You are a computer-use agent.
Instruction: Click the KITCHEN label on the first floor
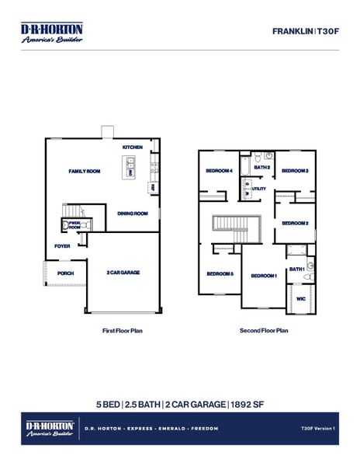pos(133,148)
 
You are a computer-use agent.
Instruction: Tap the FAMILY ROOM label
pos(85,170)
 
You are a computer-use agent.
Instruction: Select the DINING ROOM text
pos(133,213)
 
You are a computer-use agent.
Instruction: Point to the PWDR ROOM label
pos(74,225)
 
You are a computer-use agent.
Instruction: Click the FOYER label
pos(62,246)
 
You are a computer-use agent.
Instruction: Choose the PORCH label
pos(65,273)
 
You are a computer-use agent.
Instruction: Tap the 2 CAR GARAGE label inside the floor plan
pos(123,273)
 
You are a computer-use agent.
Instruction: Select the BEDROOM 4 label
pos(219,170)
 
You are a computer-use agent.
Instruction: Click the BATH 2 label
pos(262,167)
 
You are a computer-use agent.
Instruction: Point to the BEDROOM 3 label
pos(295,170)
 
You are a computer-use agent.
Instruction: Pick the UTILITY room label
pos(259,189)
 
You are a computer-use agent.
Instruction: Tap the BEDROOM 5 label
pos(220,273)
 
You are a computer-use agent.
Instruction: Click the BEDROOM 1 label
pos(264,276)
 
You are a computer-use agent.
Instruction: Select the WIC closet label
pos(299,297)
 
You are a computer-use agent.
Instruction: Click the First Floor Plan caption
pos(123,330)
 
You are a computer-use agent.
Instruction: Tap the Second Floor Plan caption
pos(265,330)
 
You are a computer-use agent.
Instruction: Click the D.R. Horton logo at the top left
pos(52,32)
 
